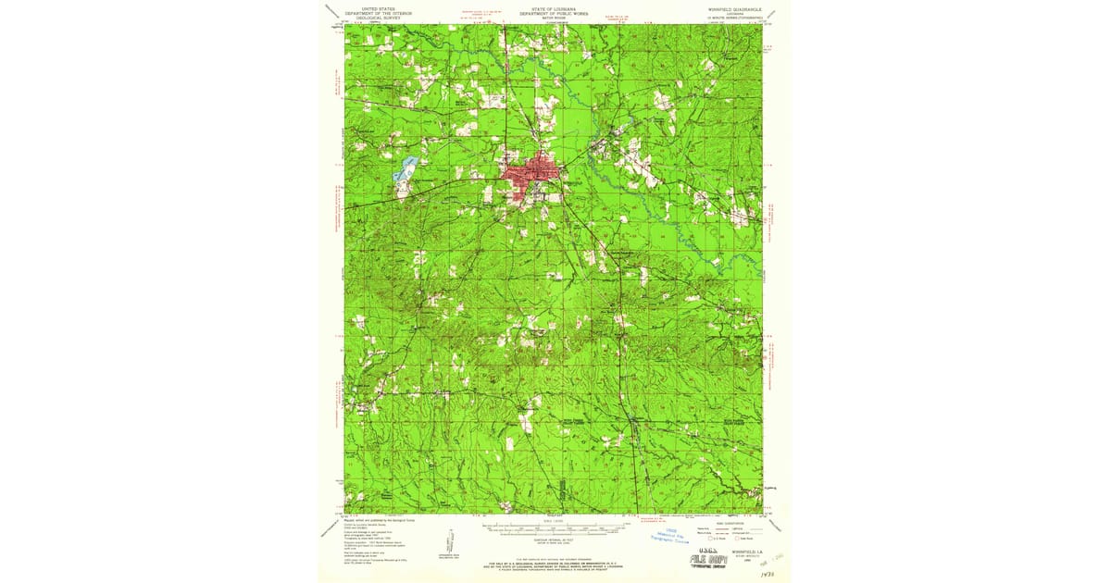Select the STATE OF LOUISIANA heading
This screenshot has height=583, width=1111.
click(553, 7)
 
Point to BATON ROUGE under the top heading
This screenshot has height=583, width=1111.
click(553, 18)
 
